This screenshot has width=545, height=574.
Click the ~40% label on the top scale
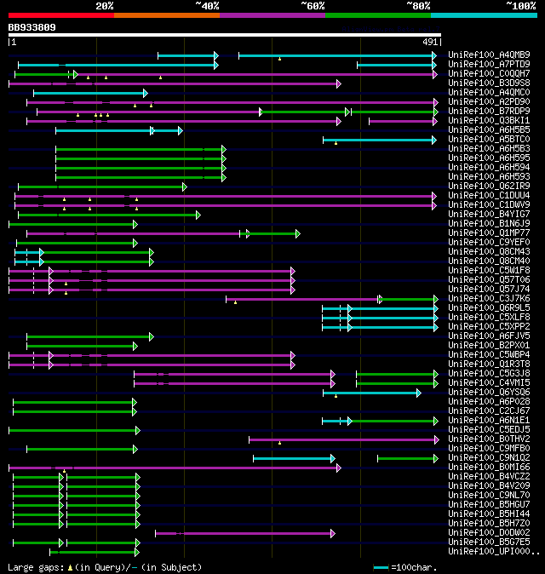(x=207, y=5)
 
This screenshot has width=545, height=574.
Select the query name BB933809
(x=32, y=27)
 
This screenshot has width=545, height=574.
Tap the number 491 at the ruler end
(x=430, y=41)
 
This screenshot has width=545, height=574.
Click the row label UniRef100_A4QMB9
(x=489, y=55)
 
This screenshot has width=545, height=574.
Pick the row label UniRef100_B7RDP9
(x=489, y=111)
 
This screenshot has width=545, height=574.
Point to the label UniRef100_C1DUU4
(x=489, y=195)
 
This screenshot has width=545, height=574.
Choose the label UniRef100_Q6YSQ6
(x=489, y=392)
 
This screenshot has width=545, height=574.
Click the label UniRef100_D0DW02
(x=489, y=532)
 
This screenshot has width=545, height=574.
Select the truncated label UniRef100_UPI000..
(x=492, y=551)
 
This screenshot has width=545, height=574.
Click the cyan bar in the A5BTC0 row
(x=379, y=139)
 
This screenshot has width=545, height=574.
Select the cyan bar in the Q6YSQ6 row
(x=371, y=393)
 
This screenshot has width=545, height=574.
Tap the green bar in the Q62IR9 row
(x=101, y=187)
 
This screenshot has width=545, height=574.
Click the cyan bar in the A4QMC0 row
(x=89, y=93)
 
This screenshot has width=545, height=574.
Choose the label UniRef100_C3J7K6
(x=489, y=298)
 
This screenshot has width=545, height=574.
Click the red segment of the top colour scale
(x=60, y=15)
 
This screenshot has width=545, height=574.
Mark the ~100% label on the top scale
(x=520, y=5)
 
